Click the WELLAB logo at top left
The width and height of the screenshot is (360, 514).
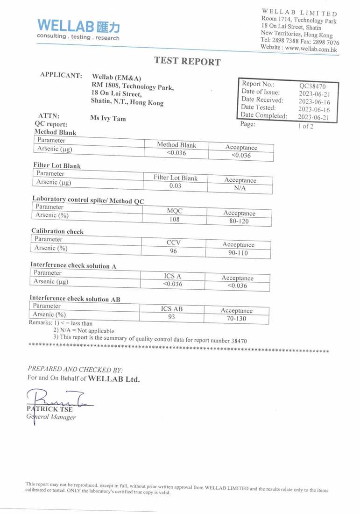click(78, 29)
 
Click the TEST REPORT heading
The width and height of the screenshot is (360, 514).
click(187, 61)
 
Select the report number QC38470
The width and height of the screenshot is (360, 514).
click(312, 86)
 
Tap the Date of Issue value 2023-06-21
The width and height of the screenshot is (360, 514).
click(314, 94)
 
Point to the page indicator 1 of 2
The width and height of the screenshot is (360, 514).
click(306, 126)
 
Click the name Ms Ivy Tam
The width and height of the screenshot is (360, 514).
click(108, 118)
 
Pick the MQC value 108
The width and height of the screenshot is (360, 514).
click(174, 219)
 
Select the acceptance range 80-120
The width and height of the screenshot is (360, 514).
click(239, 221)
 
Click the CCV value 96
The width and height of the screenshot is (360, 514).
click(173, 251)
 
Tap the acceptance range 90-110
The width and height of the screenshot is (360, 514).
click(238, 253)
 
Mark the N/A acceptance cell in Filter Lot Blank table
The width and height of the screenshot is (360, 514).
click(240, 188)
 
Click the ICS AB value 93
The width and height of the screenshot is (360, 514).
click(171, 317)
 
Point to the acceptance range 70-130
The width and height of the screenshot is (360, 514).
click(236, 319)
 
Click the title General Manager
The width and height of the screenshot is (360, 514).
click(51, 417)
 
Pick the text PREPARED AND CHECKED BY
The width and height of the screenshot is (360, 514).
click(75, 369)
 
